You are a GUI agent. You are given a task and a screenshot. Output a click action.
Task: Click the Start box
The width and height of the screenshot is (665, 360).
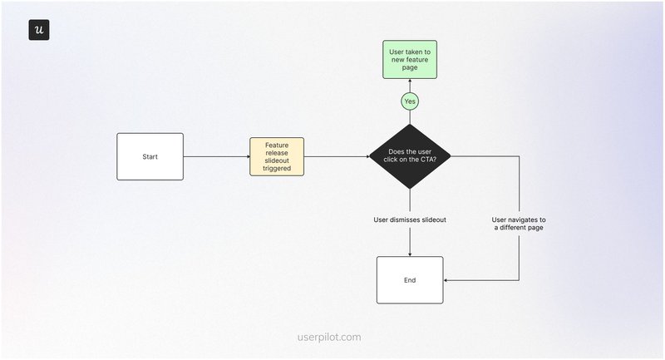(x=150, y=156)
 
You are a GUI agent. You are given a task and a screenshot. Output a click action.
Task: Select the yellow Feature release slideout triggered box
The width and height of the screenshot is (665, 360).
(x=277, y=156)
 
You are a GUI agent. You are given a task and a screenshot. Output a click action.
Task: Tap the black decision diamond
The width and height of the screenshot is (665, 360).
(x=410, y=156)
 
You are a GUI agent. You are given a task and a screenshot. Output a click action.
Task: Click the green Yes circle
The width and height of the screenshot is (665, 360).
(x=410, y=101)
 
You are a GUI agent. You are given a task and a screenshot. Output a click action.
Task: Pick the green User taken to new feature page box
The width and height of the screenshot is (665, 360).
(x=410, y=59)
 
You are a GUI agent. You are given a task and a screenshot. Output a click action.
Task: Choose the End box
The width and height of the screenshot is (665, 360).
(x=410, y=280)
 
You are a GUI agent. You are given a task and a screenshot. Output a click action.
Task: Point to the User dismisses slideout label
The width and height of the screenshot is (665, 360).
(x=410, y=219)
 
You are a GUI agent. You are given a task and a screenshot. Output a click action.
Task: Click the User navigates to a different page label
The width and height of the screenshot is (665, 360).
(x=519, y=224)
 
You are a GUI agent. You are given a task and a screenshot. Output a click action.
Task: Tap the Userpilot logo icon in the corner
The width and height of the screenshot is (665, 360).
(x=39, y=29)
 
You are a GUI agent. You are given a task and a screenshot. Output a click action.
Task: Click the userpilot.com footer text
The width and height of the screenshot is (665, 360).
(x=329, y=338)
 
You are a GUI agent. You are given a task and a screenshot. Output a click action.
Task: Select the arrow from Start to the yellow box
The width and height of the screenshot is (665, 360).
(x=216, y=156)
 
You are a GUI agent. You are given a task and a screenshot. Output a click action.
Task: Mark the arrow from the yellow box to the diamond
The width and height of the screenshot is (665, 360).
(x=336, y=156)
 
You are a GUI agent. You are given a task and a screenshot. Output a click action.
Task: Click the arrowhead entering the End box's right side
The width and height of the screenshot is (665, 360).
(x=446, y=280)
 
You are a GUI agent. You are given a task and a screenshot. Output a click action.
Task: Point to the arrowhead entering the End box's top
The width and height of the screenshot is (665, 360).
(x=410, y=254)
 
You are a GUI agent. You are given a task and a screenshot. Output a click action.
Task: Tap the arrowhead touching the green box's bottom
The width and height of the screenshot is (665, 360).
(x=410, y=81)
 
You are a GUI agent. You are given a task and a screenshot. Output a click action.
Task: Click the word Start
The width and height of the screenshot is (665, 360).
(x=150, y=156)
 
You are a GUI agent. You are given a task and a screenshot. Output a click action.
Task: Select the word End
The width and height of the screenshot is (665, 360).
(x=410, y=280)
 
